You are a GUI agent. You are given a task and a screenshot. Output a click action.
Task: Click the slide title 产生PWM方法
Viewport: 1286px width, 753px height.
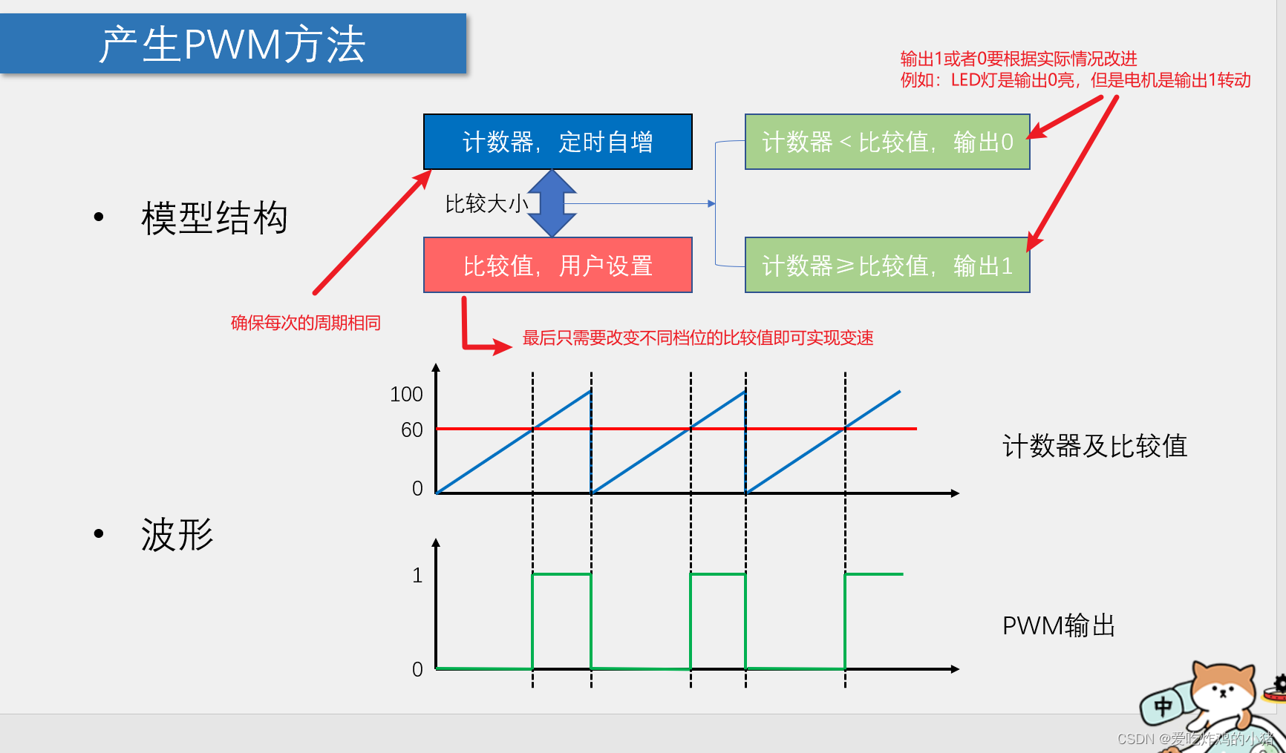(x=232, y=44)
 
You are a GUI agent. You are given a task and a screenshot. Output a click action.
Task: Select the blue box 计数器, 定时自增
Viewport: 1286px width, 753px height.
(x=558, y=142)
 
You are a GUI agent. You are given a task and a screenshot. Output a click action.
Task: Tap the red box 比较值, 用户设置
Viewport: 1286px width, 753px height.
(x=558, y=266)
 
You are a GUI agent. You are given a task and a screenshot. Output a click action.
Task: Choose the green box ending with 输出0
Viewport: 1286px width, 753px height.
(x=887, y=142)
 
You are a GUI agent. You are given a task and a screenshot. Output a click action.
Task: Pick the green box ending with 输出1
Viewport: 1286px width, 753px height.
(x=887, y=266)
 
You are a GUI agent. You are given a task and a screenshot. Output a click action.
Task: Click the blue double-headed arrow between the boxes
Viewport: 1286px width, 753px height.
(x=552, y=203)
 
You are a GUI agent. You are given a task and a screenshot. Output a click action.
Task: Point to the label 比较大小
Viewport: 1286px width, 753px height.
(x=486, y=203)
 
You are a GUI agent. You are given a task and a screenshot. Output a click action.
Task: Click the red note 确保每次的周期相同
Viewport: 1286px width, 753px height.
(x=305, y=323)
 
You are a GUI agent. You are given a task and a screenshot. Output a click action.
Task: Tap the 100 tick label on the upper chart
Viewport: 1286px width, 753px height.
(x=406, y=394)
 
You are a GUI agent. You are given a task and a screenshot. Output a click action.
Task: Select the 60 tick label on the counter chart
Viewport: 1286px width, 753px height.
(x=411, y=430)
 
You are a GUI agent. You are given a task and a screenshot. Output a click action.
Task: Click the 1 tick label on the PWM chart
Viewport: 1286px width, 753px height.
(x=417, y=575)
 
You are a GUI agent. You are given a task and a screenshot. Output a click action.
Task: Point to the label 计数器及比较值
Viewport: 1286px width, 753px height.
(x=1094, y=446)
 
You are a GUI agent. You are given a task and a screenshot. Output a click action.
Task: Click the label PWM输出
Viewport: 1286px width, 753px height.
(x=1059, y=625)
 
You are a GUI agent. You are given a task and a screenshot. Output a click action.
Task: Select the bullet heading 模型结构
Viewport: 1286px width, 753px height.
(x=214, y=218)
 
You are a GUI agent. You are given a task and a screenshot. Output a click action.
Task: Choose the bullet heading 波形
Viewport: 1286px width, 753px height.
(x=177, y=535)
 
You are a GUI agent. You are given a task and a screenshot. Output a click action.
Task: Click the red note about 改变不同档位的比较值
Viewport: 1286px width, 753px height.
(x=698, y=338)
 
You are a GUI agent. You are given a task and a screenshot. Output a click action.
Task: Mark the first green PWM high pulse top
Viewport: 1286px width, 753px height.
(x=561, y=574)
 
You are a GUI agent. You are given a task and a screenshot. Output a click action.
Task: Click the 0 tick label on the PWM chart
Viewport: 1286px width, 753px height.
(x=417, y=669)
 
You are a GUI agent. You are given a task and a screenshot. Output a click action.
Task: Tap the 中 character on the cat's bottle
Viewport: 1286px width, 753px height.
(x=1163, y=706)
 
